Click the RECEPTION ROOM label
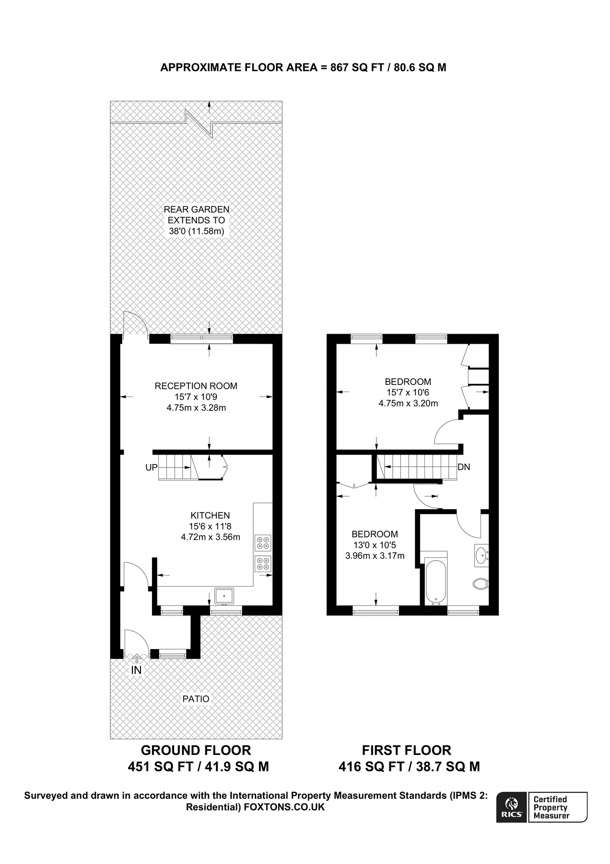(196, 386)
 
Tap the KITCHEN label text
(210, 516)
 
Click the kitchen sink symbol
(224, 596)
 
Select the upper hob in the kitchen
(263, 542)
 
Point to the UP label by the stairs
(151, 467)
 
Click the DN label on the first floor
(464, 467)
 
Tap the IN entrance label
(136, 670)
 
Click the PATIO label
(196, 699)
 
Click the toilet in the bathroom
(480, 584)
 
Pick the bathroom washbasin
(481, 556)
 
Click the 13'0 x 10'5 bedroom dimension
(375, 545)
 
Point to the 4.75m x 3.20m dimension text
(408, 404)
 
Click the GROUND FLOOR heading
(196, 750)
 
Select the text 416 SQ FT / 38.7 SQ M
(409, 767)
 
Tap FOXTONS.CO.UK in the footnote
(284, 807)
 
